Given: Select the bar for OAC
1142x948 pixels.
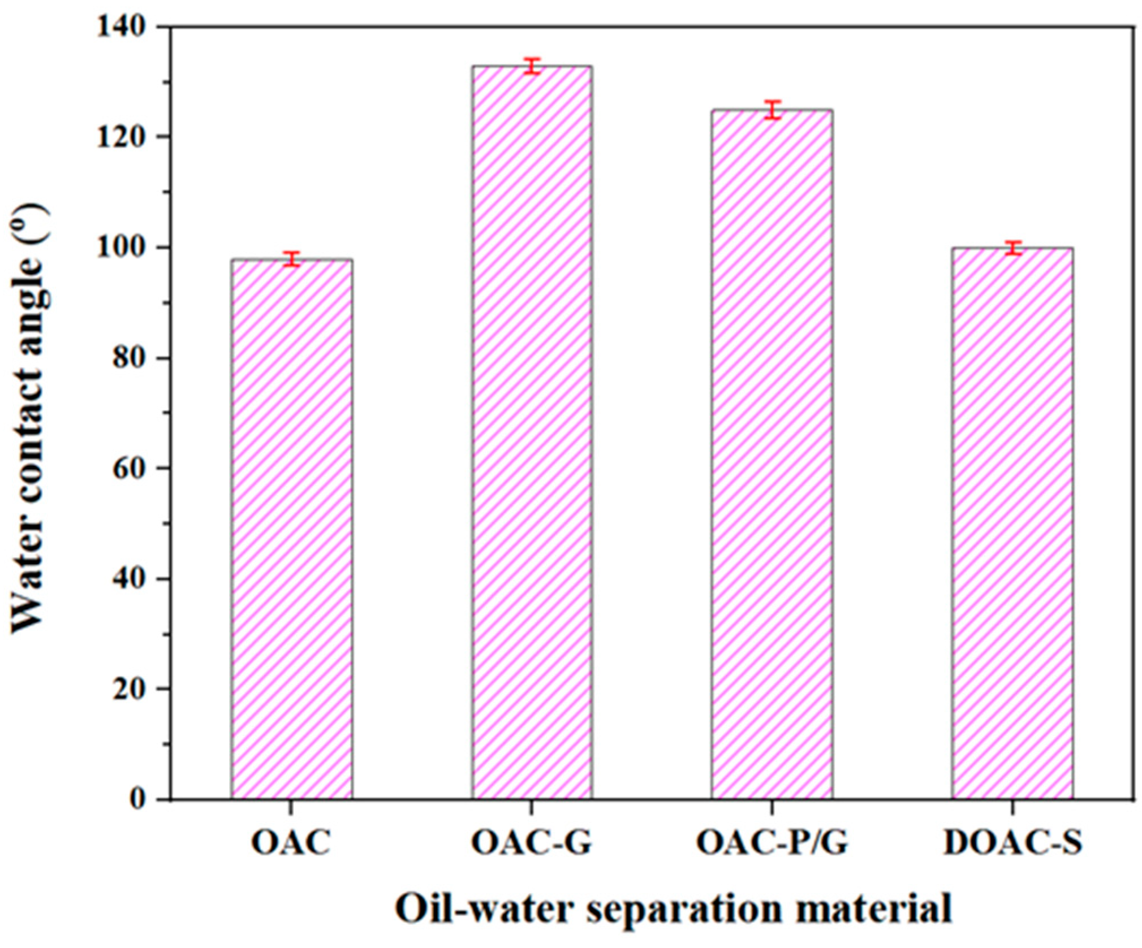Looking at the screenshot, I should pos(291,529).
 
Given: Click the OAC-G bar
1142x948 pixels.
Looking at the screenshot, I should pos(532,432).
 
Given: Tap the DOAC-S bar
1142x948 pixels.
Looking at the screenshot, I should pos(1012,523).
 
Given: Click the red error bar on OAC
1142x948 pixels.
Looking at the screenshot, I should pos(292,259).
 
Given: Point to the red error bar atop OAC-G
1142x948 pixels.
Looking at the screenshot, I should pos(532,66).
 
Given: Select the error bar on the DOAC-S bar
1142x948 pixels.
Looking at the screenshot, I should pos(1012,248).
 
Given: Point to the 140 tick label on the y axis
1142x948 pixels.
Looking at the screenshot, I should pos(127,27).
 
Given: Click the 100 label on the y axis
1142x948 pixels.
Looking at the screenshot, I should pos(127,248).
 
